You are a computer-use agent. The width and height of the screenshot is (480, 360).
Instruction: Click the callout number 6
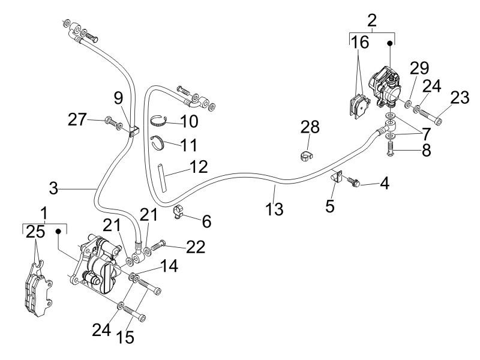pyautogui.click(x=206, y=221)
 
